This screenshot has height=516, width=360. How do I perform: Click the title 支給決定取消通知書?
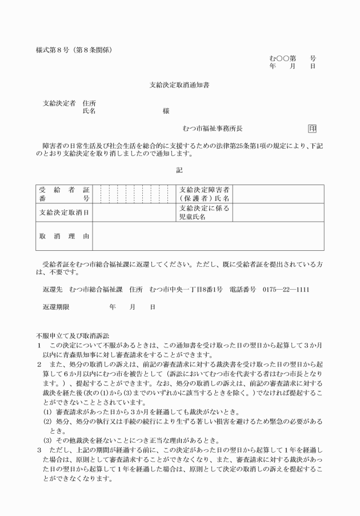pyautogui.click(x=180, y=85)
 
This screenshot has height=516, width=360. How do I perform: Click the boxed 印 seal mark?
pyautogui.click(x=312, y=129)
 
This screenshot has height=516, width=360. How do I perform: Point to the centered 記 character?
pyautogui.click(x=180, y=170)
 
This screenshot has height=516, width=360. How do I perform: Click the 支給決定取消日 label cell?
pyautogui.click(x=63, y=213)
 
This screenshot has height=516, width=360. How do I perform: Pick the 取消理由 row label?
pyautogui.click(x=63, y=236)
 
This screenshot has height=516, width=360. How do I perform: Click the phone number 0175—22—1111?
pyautogui.click(x=286, y=289)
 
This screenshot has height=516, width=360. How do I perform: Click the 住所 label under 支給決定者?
pyautogui.click(x=89, y=103)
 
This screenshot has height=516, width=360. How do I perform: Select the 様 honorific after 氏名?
pyautogui.click(x=166, y=111)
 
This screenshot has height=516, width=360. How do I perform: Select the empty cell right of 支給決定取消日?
pyautogui.click(x=135, y=213)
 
